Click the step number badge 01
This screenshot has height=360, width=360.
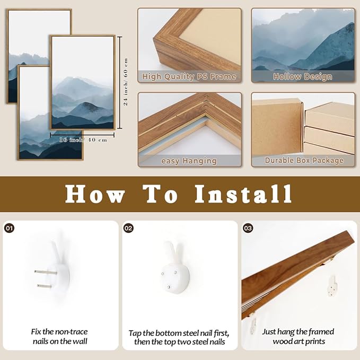(x=10, y=228)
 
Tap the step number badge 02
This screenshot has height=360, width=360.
(x=128, y=228)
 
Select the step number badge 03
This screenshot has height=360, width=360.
(x=248, y=228)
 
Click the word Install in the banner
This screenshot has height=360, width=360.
(x=243, y=194)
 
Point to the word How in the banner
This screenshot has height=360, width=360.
(x=95, y=194)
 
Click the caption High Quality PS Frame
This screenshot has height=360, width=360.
(x=189, y=76)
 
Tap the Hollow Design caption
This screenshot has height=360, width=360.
(x=303, y=77)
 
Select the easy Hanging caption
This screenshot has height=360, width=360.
(x=189, y=161)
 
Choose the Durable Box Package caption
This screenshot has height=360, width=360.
(x=304, y=160)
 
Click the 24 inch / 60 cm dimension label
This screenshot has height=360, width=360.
(x=126, y=82)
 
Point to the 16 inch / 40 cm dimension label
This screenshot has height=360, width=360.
(x=83, y=139)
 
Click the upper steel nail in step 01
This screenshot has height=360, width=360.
(x=46, y=272)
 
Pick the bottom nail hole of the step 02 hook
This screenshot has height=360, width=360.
(x=169, y=287)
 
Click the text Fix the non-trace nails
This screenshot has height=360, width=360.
(x=59, y=336)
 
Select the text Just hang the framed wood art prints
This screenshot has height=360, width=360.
(x=298, y=336)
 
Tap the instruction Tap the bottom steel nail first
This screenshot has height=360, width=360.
(x=179, y=333)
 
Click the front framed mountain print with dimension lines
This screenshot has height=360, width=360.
(x=82, y=82)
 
